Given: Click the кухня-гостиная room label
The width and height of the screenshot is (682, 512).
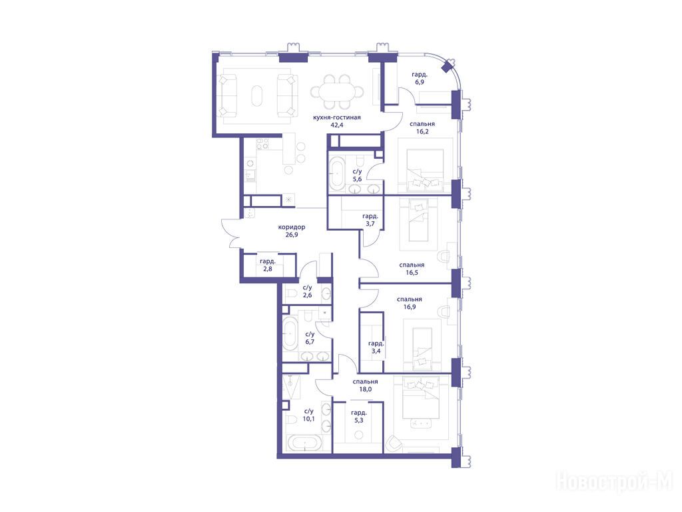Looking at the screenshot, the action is pyautogui.click(x=336, y=117).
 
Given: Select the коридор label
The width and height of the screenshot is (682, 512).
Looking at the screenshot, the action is pyautogui.click(x=292, y=227).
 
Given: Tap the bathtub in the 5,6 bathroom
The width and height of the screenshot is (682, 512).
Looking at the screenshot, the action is pyautogui.click(x=336, y=173).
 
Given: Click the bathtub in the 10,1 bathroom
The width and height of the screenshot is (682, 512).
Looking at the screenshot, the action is pyautogui.click(x=304, y=443).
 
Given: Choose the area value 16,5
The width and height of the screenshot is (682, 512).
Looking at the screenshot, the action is pyautogui.click(x=412, y=273).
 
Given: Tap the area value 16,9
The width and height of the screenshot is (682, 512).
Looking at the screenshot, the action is pyautogui.click(x=410, y=307).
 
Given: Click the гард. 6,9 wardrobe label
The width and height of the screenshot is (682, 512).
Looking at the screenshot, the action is pyautogui.click(x=420, y=79).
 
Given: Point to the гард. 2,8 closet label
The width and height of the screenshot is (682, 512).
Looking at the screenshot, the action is pyautogui.click(x=268, y=265).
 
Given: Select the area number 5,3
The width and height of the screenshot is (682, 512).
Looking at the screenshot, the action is pyautogui.click(x=359, y=421).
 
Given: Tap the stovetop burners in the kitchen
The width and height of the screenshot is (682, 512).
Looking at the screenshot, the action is pyautogui.click(x=262, y=144).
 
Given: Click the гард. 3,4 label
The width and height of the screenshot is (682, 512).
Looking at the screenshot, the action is pyautogui.click(x=376, y=347).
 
